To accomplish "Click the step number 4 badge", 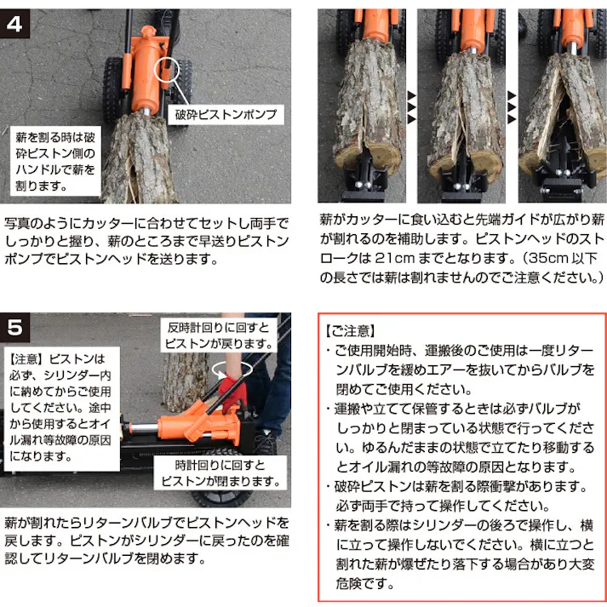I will click(x=16, y=23).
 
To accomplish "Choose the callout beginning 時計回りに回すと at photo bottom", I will click(x=220, y=473).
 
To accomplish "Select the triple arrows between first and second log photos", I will click(x=412, y=106).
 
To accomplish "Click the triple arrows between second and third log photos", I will click(x=512, y=106).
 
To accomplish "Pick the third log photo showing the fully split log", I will click(x=562, y=106).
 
